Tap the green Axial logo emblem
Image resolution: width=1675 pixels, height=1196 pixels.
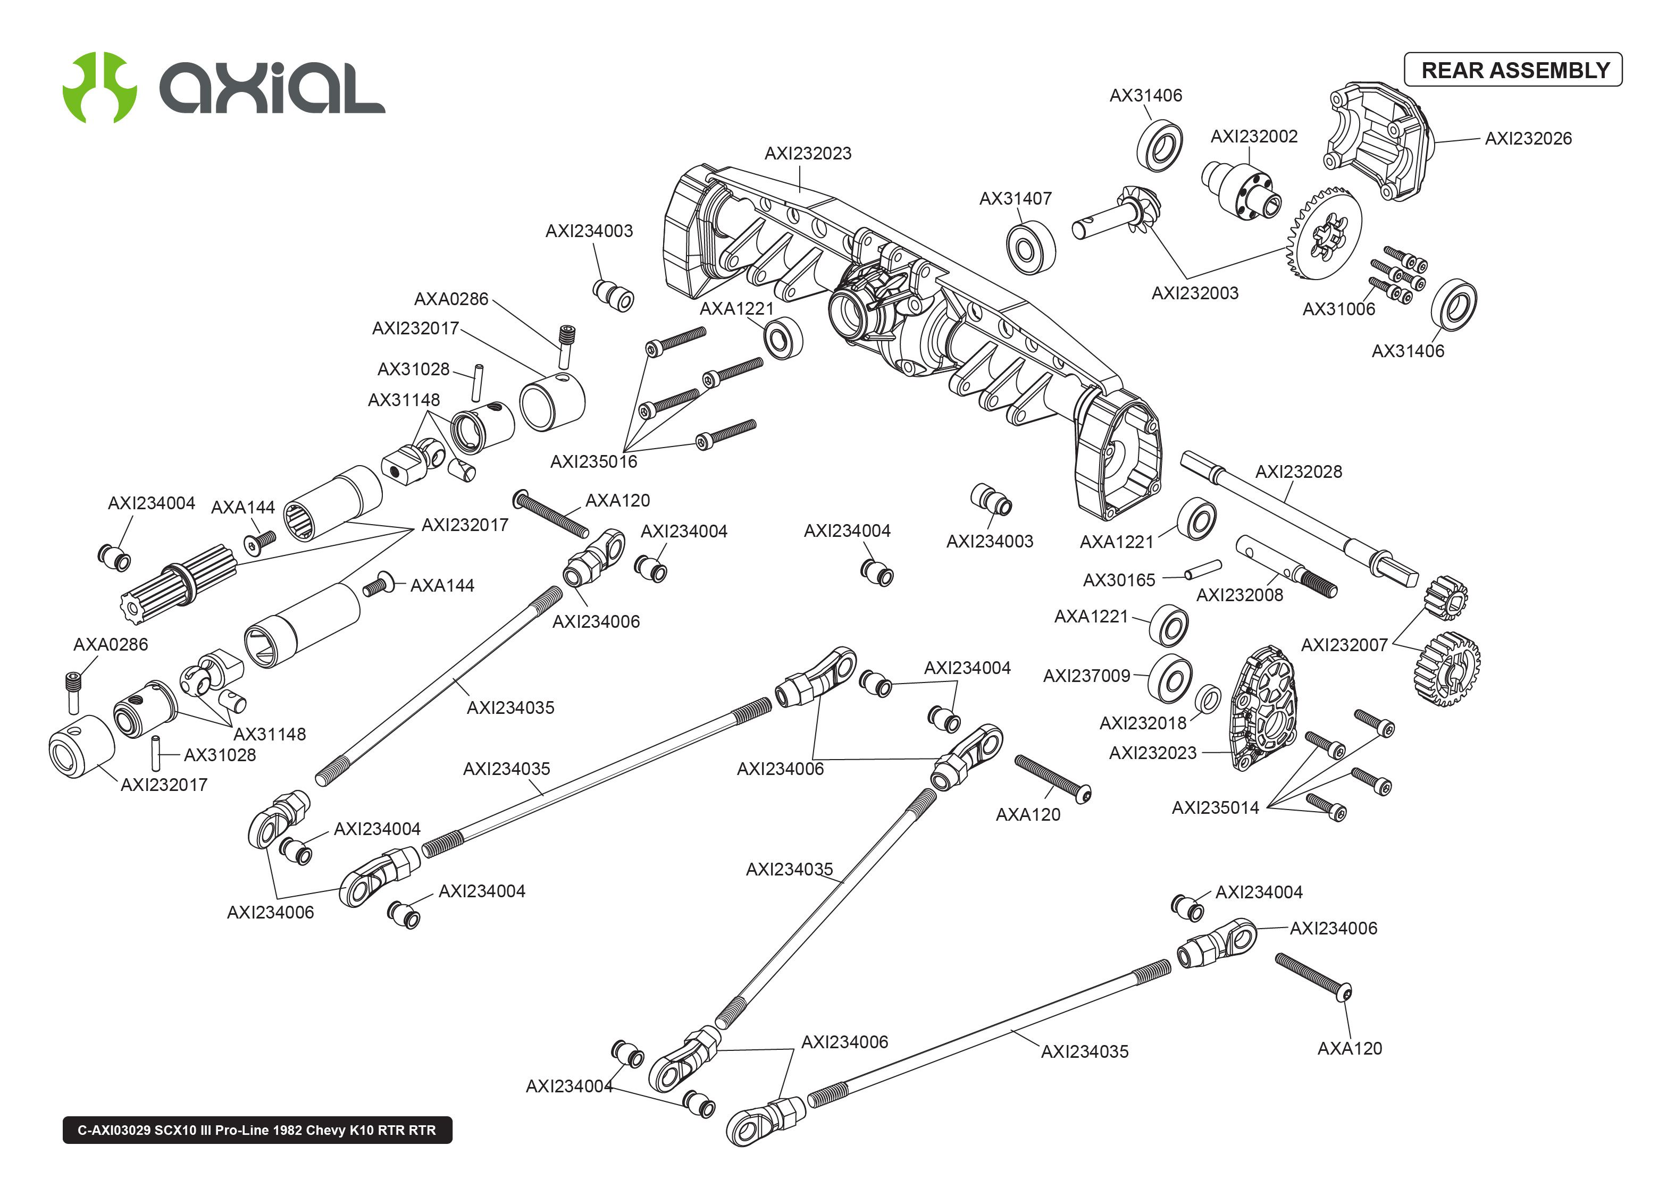click(99, 87)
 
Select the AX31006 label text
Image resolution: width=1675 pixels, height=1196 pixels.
click(1338, 309)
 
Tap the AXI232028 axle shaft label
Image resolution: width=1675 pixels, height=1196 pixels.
click(1298, 472)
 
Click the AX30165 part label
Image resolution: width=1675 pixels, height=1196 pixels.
click(1118, 580)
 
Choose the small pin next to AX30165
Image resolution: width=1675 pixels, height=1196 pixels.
click(1202, 570)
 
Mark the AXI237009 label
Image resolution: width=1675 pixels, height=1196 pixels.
click(1086, 676)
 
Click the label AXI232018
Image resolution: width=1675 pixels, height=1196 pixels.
click(1142, 723)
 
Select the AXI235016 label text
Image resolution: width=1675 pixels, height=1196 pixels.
click(593, 462)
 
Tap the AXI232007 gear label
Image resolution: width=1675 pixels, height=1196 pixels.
click(1344, 645)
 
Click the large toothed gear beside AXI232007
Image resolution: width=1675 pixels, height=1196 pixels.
click(1447, 669)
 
